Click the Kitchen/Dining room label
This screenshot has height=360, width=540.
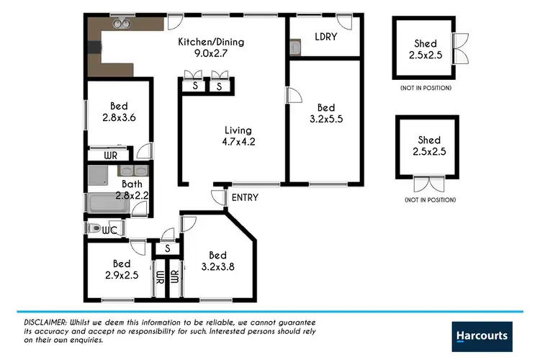click(x=212, y=48)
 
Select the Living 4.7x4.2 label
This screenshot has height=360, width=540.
click(x=238, y=136)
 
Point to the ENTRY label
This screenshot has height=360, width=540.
click(x=245, y=197)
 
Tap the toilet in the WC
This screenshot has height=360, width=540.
click(x=94, y=228)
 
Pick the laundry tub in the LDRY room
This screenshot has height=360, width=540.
click(x=295, y=48)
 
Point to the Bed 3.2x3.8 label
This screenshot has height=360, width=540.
click(x=218, y=261)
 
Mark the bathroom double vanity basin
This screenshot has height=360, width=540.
click(x=135, y=171)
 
